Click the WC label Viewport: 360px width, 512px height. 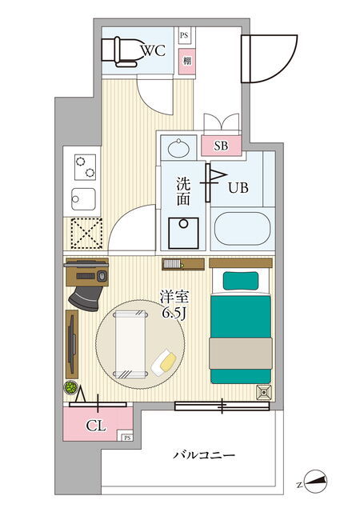pos(153,50)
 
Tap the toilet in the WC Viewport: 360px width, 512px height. pos(121,52)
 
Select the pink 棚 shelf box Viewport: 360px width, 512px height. pos(187,61)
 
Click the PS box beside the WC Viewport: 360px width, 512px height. pos(184,35)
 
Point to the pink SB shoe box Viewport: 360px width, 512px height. pos(221,146)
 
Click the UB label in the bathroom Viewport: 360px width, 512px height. pos(238,188)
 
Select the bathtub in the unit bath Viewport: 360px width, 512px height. pos(242,229)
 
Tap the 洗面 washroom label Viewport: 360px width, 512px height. pos(183,191)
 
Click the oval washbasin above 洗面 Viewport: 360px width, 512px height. pos(178,148)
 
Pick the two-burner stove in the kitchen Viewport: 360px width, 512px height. pos(85,167)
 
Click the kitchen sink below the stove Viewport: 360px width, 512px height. pos(83,199)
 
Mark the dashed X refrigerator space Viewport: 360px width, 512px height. pos(86,233)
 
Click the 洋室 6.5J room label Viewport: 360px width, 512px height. pos(174,304)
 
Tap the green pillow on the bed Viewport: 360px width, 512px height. pos(241,281)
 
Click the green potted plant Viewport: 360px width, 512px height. pos(70,387)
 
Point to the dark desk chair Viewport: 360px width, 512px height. pos(86,298)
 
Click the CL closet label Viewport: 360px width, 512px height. pos(96,426)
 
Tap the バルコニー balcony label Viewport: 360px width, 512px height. pos(203,454)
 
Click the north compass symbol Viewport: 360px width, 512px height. pos(316,482)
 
